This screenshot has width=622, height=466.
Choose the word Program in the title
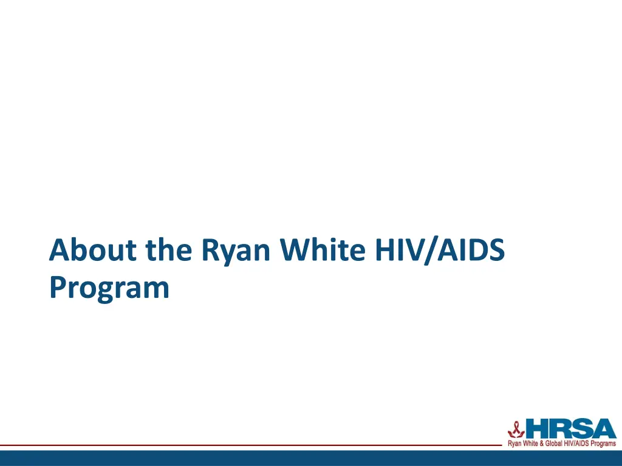click(109, 288)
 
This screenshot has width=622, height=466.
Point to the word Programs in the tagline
click(603, 444)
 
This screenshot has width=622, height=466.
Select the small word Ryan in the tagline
click(514, 444)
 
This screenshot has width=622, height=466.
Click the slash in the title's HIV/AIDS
click(434, 250)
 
